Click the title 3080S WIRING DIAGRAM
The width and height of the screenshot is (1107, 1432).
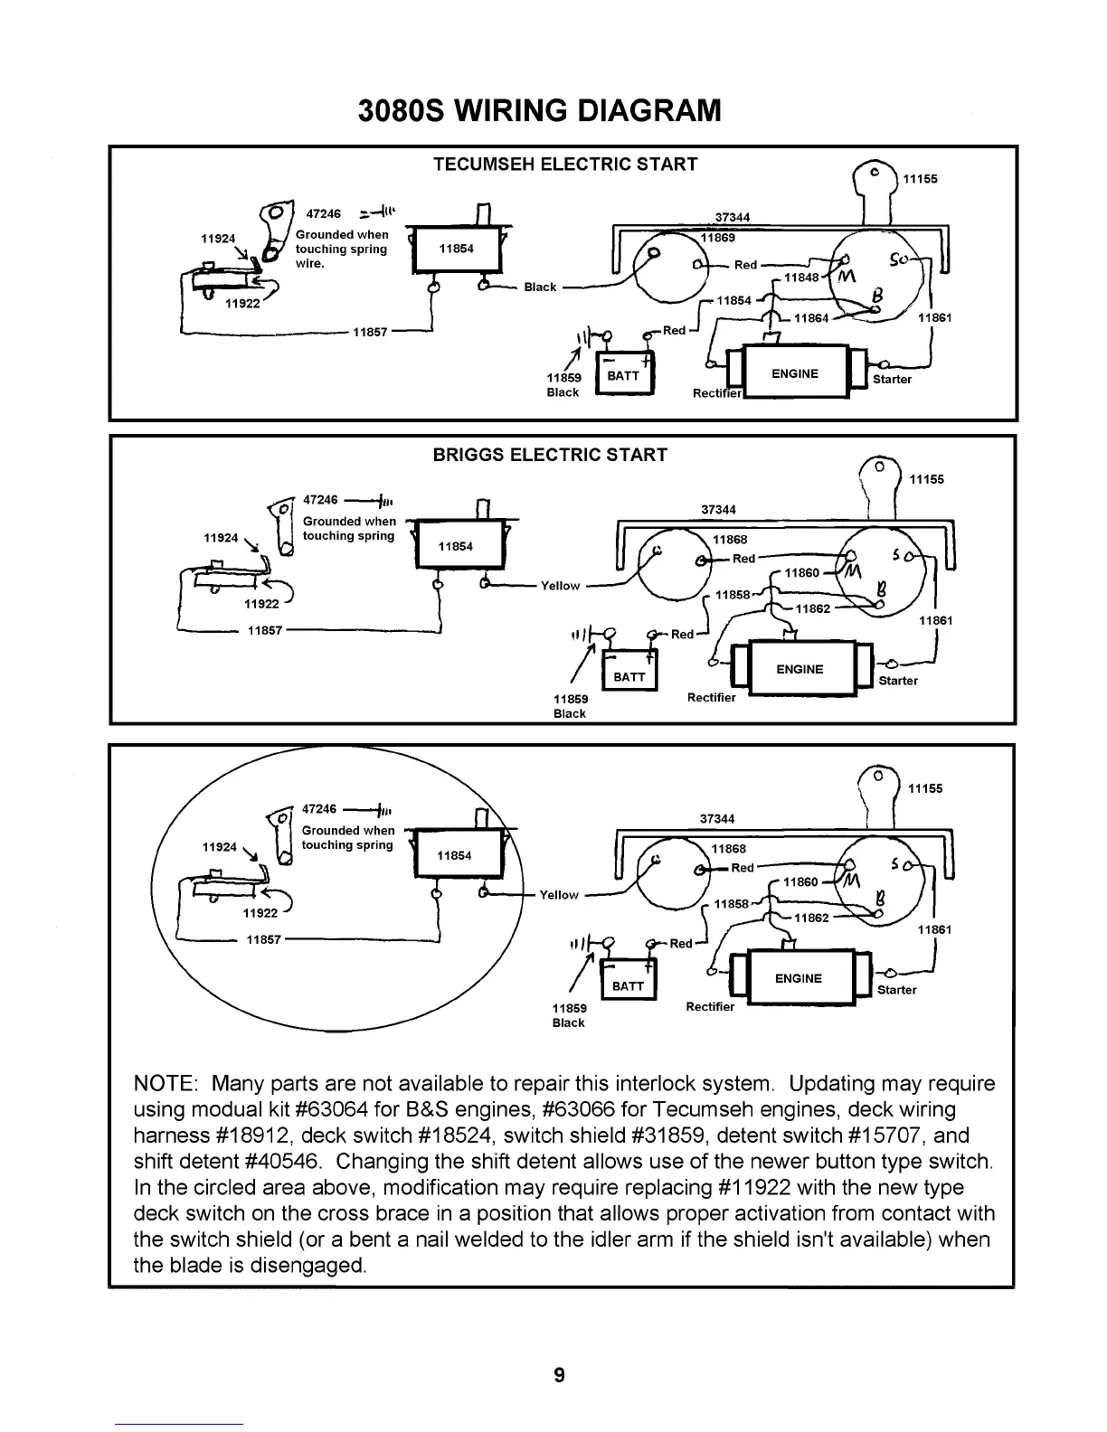tap(540, 110)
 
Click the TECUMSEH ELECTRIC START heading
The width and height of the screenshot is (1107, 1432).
tap(565, 165)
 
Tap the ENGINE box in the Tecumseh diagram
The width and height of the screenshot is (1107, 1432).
tap(795, 374)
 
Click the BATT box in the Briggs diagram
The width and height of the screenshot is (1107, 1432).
tap(629, 676)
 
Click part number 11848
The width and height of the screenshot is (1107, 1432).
tap(800, 277)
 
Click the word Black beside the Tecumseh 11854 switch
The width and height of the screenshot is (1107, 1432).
tap(540, 287)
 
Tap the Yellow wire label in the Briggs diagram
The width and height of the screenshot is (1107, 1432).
tap(560, 586)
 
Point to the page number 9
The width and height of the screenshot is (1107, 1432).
tap(559, 1376)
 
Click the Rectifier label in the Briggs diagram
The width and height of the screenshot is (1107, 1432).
tap(712, 698)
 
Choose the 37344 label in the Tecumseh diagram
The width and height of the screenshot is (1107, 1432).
tap(733, 217)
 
